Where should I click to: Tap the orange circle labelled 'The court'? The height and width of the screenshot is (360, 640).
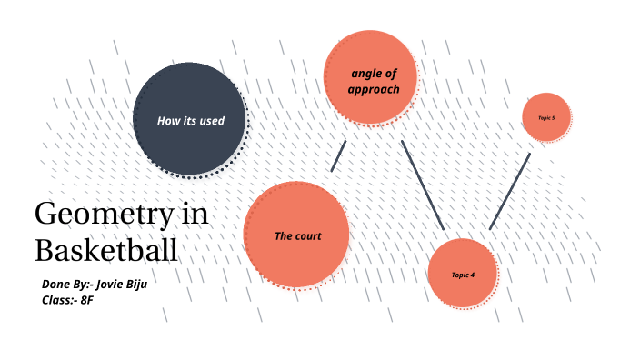[296, 234]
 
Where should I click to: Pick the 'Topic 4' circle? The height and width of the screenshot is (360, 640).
[462, 273]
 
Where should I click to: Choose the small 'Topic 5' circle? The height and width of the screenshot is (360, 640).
[545, 117]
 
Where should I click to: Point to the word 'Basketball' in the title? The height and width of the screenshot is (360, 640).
[105, 250]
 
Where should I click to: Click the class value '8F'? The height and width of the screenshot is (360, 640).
[87, 299]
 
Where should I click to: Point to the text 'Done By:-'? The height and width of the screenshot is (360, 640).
[65, 285]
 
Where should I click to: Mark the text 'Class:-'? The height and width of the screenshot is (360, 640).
[59, 299]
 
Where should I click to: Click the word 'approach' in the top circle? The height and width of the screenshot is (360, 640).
[373, 90]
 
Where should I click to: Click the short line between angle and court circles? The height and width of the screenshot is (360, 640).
[338, 155]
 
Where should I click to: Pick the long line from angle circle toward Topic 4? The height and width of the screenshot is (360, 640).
[422, 184]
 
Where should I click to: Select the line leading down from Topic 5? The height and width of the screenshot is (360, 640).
[510, 191]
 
